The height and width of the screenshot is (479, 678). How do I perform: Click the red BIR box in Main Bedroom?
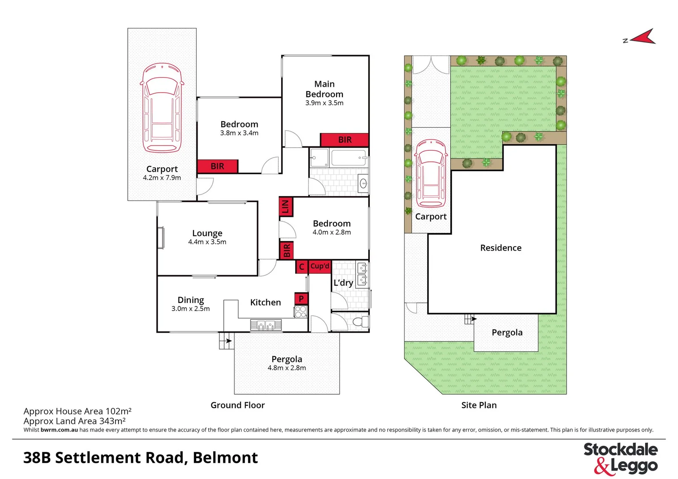coord(345,140)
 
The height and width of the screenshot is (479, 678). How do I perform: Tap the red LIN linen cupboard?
coord(285,207)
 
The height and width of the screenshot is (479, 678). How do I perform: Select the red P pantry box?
coord(301,298)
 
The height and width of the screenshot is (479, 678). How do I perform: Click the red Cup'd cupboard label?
coord(320,266)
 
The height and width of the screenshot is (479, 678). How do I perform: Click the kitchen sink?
coord(266,326)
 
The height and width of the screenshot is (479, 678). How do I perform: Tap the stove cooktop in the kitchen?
coord(301,312)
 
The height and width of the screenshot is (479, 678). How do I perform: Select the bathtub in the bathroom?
coord(349,157)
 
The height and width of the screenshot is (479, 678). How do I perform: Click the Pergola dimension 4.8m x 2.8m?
coord(286,368)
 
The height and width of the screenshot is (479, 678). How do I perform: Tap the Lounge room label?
coord(207,233)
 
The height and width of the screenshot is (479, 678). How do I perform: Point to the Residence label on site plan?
coord(500,247)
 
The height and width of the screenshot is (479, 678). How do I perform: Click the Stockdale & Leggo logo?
coord(620,458)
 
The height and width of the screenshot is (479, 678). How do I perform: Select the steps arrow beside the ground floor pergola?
coord(226,341)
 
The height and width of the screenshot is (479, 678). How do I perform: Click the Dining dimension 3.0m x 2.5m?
coord(190,309)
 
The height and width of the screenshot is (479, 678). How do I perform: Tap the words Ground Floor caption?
coord(237,405)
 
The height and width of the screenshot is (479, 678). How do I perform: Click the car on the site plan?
coord(430,173)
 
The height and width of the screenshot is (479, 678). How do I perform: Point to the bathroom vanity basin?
coord(363,183)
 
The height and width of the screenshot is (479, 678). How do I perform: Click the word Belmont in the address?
coord(225,457)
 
